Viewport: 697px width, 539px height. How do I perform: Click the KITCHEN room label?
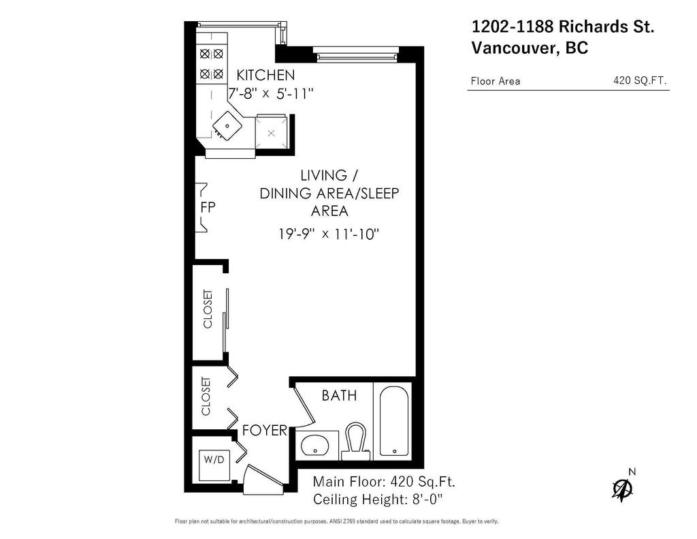[265, 75]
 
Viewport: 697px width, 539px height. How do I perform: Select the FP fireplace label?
[208, 206]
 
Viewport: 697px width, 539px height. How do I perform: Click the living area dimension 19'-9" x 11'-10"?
[329, 234]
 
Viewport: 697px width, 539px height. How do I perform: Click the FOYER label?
[265, 431]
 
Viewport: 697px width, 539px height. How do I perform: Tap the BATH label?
[339, 395]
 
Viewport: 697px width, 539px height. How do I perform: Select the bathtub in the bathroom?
[393, 422]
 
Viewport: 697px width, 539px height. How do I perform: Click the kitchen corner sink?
[225, 125]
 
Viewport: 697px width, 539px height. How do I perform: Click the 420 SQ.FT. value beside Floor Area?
[640, 80]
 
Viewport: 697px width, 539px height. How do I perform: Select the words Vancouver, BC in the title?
[530, 48]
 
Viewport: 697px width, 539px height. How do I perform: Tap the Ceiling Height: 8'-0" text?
[378, 499]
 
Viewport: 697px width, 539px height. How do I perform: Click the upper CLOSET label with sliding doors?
[208, 309]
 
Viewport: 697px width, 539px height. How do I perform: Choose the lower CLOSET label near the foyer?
[206, 397]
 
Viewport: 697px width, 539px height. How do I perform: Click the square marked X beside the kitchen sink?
[272, 132]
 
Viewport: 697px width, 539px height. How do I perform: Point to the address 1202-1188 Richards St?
[563, 27]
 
